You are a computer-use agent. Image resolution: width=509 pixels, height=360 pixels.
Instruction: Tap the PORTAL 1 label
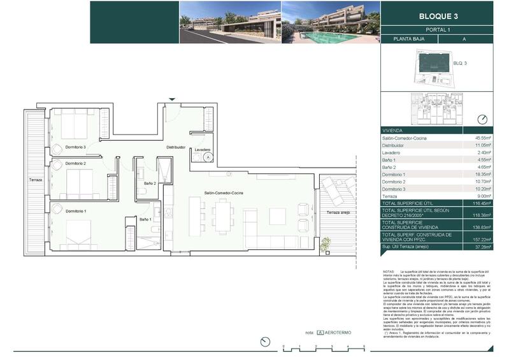pyautogui.click(x=438, y=29)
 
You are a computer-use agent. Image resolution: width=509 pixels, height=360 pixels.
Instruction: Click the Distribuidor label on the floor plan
pyautogui.click(x=176, y=147)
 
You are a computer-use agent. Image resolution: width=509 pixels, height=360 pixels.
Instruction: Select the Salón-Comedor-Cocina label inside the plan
pyautogui.click(x=224, y=192)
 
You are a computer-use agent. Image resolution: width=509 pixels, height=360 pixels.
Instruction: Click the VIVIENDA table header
pyautogui.click(x=392, y=130)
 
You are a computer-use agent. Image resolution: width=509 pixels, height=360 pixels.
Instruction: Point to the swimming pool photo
pyautogui.click(x=329, y=22)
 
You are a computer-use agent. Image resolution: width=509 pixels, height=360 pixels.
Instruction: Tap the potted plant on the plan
pyautogui.click(x=326, y=243)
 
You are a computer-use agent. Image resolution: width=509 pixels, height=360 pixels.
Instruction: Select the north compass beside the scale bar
pyautogui.click(x=266, y=343)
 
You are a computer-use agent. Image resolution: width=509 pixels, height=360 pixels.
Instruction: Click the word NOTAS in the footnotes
pyautogui.click(x=388, y=271)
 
